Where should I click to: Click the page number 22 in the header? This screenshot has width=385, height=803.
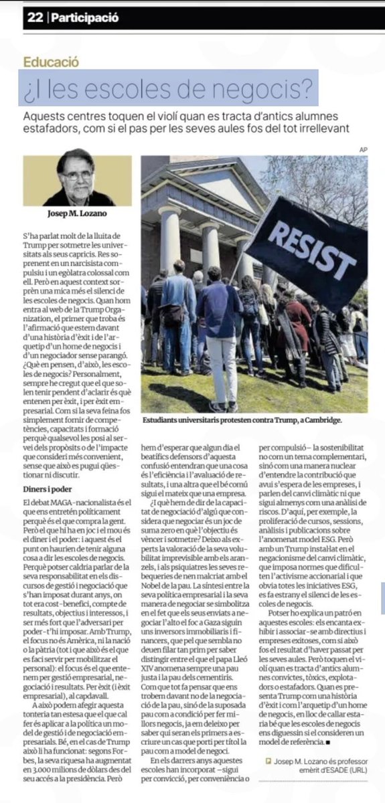click(x=35, y=19)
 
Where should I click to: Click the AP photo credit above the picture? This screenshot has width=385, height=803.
click(x=364, y=149)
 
